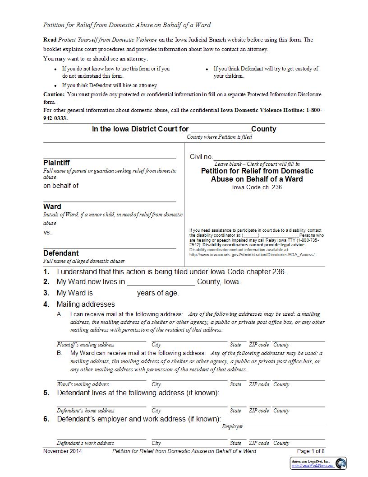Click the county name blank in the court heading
pos(220,130)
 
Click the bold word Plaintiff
pos(56,163)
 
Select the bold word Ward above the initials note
pos(52,206)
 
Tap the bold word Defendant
pos(61,253)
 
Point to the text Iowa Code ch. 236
pos(257,187)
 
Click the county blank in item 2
pos(161,282)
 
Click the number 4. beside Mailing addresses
pos(46,304)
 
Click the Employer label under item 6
pos(232,426)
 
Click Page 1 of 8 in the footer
pos(311,451)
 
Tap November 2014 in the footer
pos(63,451)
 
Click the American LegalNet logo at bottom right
pos(318,463)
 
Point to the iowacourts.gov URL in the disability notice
pos(253,255)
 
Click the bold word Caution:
pos(54,94)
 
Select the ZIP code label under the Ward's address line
pos(259,384)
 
